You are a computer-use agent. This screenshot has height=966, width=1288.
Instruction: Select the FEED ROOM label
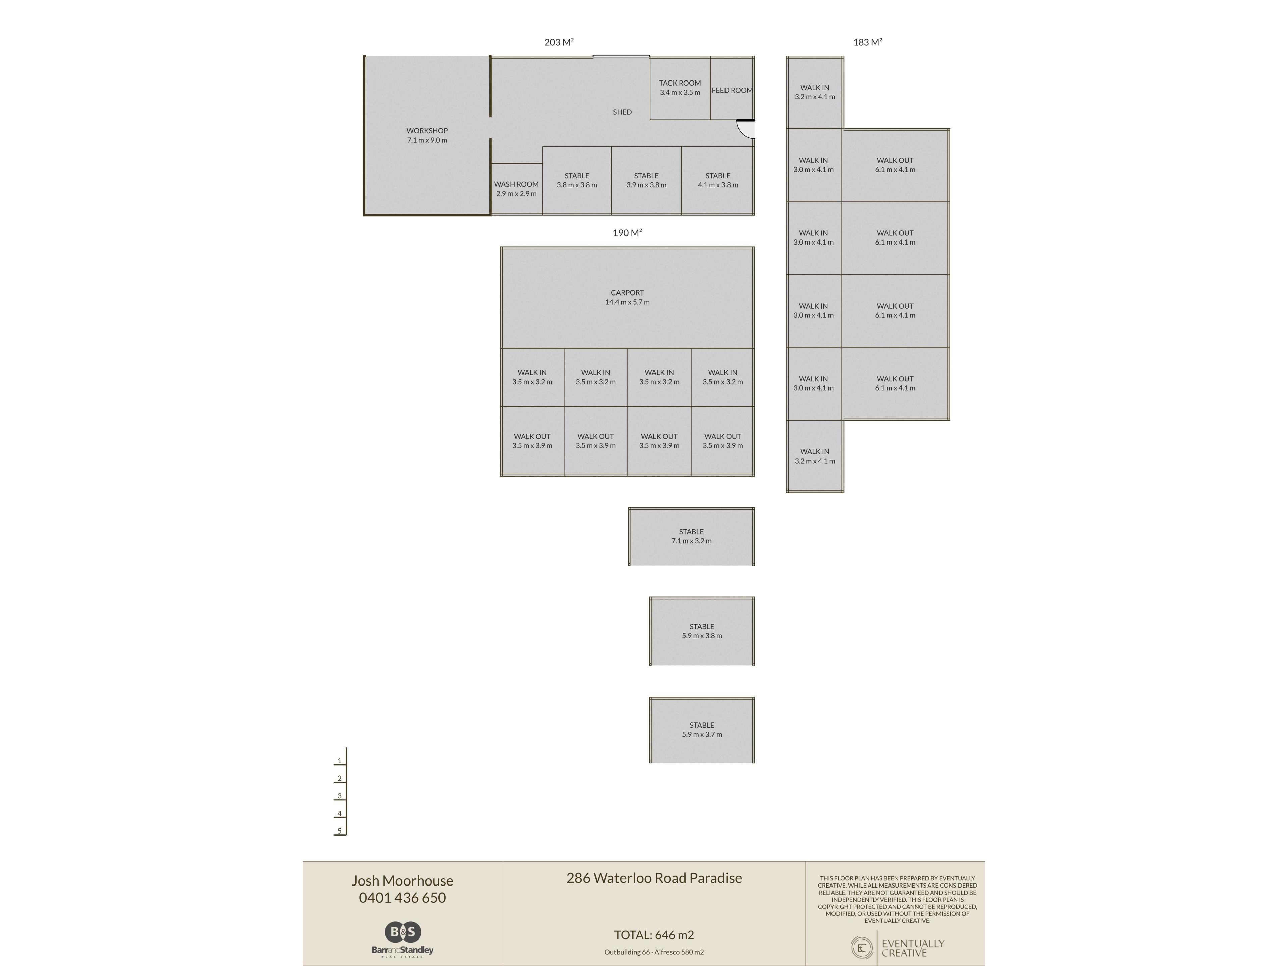tap(732, 90)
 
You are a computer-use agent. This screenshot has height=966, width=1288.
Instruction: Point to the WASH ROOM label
tap(517, 184)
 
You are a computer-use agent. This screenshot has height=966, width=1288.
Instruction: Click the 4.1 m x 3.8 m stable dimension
tap(718, 185)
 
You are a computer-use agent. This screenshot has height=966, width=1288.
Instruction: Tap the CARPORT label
tap(627, 293)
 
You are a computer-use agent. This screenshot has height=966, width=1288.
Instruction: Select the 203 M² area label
tap(559, 42)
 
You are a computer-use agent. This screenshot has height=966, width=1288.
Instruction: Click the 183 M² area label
tap(868, 42)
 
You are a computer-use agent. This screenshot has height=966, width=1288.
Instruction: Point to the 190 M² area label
tap(627, 233)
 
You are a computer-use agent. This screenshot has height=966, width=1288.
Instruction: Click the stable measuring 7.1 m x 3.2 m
tap(691, 536)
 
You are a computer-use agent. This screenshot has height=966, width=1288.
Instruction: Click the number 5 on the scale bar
tap(339, 831)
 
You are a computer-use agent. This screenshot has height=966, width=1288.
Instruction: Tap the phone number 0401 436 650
tap(402, 897)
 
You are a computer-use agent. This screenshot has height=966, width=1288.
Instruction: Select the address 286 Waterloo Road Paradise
tap(654, 878)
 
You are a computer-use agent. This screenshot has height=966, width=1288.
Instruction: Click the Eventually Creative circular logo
tap(861, 947)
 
